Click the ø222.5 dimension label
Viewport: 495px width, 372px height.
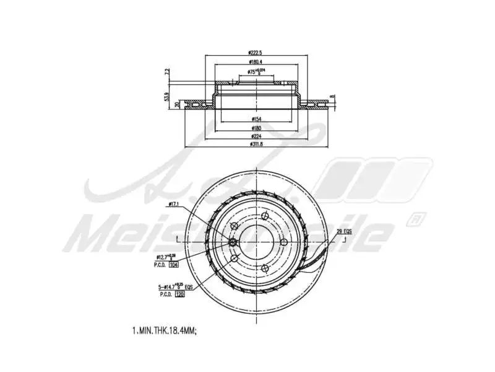256,53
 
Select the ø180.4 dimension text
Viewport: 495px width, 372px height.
256,62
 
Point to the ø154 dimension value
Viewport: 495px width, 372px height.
256,118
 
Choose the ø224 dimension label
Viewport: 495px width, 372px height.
256,136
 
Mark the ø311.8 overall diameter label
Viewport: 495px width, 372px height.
256,144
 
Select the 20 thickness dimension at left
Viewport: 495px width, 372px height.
177,105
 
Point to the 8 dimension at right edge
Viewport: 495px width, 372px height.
332,97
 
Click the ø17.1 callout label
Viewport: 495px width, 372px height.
173,204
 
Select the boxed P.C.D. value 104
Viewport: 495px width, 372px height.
174,264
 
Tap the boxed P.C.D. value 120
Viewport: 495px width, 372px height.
181,295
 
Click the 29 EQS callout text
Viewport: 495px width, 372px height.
344,231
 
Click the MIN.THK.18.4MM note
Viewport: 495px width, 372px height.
164,332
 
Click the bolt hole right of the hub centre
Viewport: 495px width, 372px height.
282,242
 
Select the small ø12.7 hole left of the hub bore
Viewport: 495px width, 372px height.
233,242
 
